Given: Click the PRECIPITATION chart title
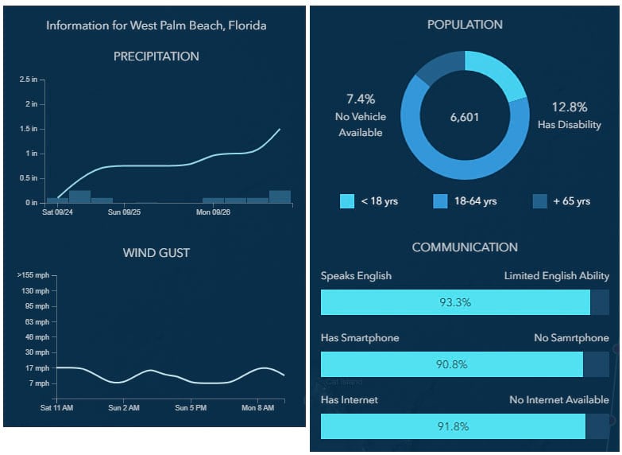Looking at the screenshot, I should (156, 56).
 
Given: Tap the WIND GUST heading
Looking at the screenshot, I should (156, 253).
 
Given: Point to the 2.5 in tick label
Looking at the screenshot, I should (29, 80).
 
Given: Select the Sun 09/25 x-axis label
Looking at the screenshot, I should (124, 212).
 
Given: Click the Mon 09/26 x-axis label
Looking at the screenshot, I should (213, 212).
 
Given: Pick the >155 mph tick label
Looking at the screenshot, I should (33, 275).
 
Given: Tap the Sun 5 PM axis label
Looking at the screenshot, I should (191, 408).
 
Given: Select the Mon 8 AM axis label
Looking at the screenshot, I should (257, 408).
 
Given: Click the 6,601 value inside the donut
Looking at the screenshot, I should (465, 117).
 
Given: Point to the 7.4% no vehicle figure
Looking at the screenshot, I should (361, 99).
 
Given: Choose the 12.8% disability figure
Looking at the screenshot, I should (569, 107).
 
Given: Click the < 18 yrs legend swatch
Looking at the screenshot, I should (347, 201).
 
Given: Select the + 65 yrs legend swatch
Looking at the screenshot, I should (539, 201).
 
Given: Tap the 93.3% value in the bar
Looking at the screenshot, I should (455, 302).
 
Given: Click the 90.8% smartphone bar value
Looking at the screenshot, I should (452, 364).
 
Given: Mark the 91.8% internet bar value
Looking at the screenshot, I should (453, 426).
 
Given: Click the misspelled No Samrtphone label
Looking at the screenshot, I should (571, 338).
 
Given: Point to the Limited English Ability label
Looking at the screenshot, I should (556, 276).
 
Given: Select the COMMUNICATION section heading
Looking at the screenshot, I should (465, 247).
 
